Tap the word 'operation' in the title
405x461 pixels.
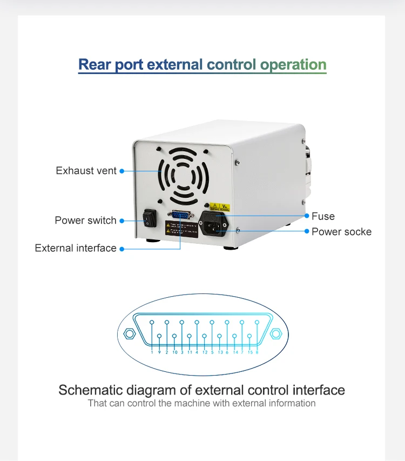point(293,65)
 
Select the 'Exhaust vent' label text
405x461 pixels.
point(86,171)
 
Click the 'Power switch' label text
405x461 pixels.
point(85,221)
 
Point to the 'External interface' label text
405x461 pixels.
point(76,248)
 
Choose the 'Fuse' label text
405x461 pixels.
point(323,216)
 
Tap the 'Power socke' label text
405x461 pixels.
point(341,232)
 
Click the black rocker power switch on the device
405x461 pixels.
point(148,219)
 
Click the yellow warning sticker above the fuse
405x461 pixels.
point(220,207)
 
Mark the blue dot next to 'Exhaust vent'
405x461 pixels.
point(122,171)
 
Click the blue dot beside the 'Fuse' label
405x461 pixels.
point(307,216)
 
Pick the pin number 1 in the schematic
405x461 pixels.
point(152,352)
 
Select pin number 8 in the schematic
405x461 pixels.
point(257,352)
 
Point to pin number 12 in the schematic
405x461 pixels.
point(205,352)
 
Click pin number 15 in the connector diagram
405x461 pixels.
point(250,352)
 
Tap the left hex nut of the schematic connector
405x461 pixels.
point(130,333)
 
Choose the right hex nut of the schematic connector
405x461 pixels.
point(276,333)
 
